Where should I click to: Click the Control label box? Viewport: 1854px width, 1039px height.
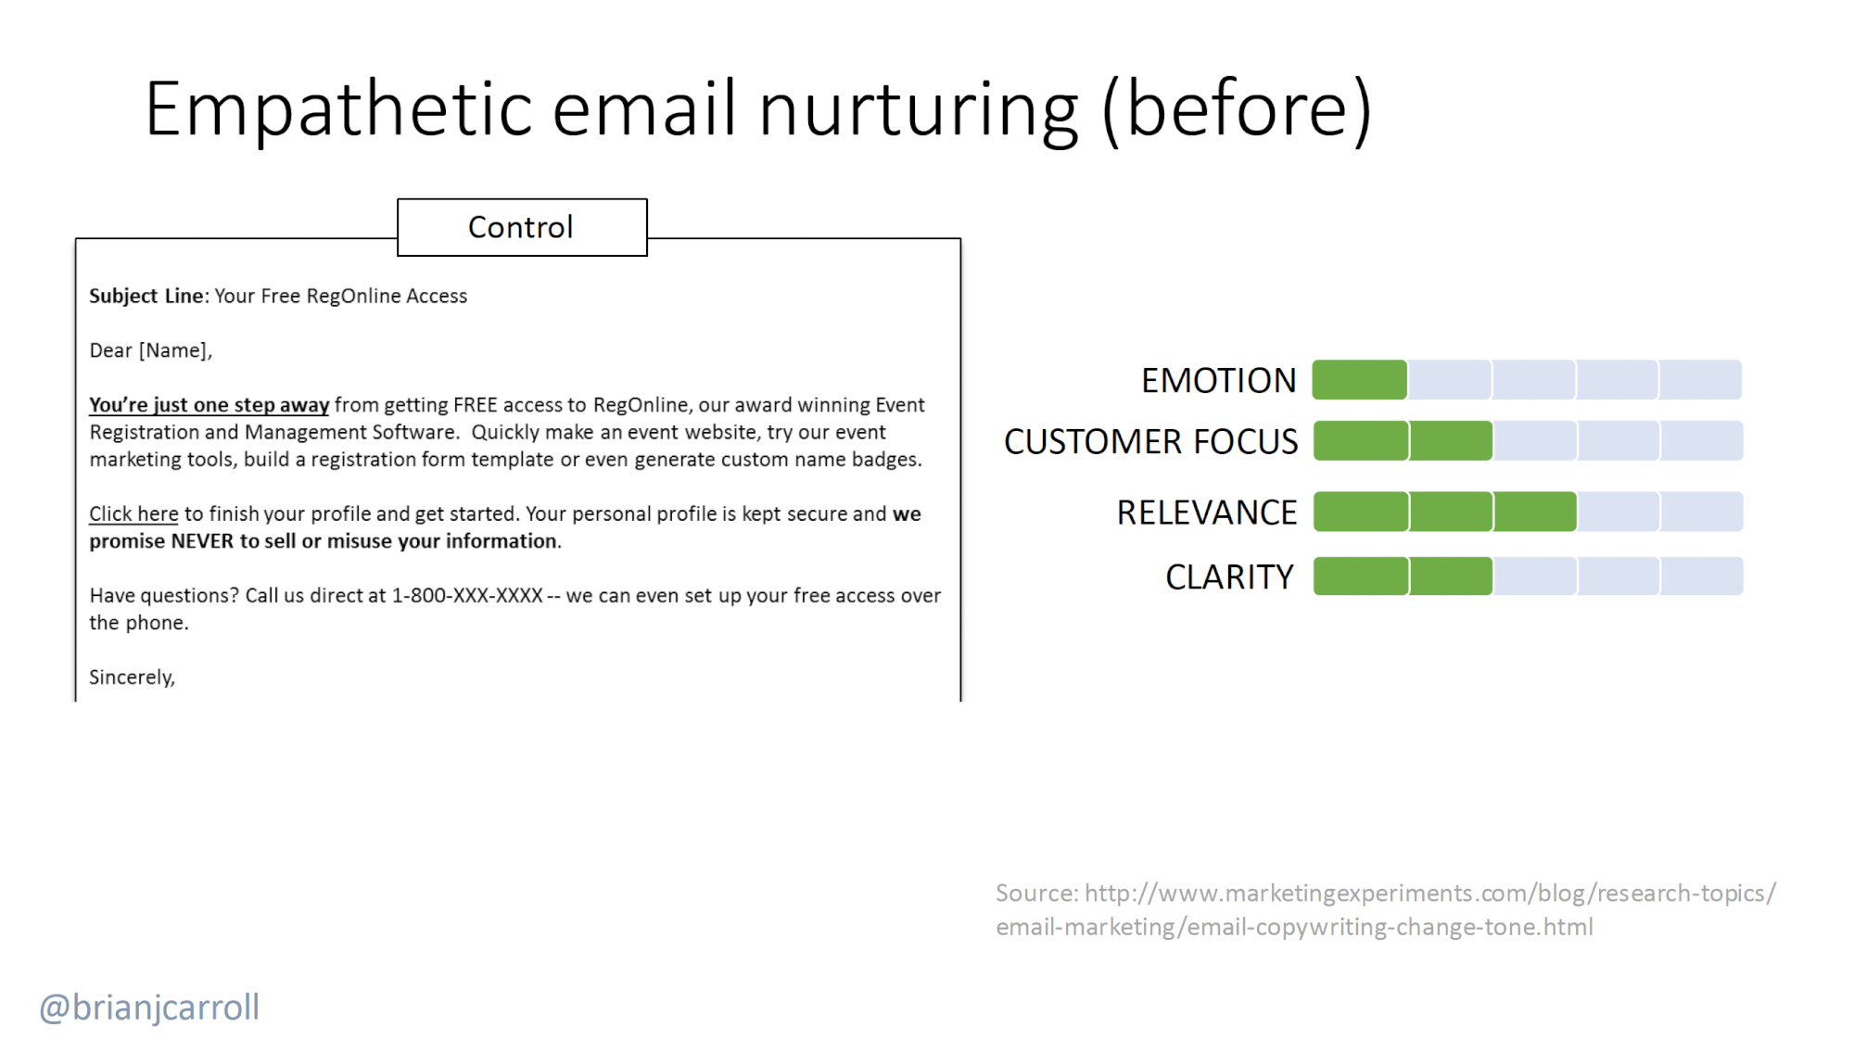tap(522, 227)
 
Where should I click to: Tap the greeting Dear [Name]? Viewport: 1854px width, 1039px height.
tap(151, 350)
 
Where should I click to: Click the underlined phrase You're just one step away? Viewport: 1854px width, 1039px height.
tap(209, 405)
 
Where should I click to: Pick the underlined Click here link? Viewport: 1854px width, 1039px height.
tap(133, 513)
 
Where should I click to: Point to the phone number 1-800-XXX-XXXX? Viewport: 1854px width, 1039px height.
tap(467, 595)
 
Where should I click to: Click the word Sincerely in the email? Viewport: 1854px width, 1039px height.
tap(131, 678)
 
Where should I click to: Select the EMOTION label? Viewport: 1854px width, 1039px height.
tap(1218, 380)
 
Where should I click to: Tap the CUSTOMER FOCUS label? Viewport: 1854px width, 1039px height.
tap(1150, 441)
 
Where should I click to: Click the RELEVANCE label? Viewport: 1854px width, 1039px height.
tap(1206, 512)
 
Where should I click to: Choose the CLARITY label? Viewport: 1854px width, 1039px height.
tap(1229, 577)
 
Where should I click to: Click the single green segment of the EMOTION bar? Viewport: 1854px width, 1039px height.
tap(1360, 380)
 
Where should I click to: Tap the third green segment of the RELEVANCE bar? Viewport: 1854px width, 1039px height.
tap(1535, 512)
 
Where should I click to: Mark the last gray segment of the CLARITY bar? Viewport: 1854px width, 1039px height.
tap(1702, 577)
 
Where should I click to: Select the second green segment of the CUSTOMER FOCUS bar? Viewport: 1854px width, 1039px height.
tap(1452, 441)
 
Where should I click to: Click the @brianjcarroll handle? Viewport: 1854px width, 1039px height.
tap(149, 1007)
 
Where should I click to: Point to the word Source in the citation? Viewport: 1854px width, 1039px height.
tap(1036, 893)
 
